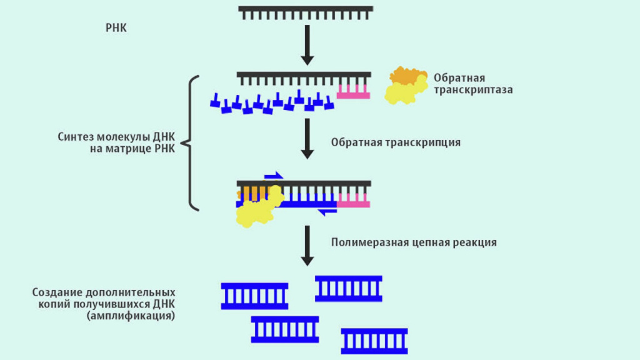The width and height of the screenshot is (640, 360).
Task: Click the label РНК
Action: [x=116, y=28]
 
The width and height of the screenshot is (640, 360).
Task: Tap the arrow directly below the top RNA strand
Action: [x=306, y=45]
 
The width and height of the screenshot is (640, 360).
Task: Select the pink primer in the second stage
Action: [x=353, y=91]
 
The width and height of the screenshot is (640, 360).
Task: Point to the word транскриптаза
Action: [x=473, y=90]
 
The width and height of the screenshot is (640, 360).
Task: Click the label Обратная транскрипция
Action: [x=396, y=142]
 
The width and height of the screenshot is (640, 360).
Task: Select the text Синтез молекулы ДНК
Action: [x=117, y=136]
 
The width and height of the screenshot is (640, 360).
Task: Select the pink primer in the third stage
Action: [x=353, y=200]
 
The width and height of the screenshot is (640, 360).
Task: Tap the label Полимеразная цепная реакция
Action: [x=414, y=242]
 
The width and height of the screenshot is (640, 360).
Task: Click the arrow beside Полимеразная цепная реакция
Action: [x=306, y=245]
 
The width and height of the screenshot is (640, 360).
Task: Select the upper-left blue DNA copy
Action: [x=254, y=296]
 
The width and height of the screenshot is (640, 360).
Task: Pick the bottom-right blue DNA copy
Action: [x=374, y=341]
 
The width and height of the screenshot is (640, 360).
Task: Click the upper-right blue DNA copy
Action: [x=348, y=289]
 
